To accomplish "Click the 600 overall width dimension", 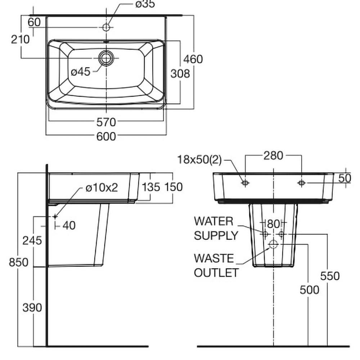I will tap(106, 136).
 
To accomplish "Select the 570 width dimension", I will tap(106, 122).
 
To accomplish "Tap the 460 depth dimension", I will tap(193, 59).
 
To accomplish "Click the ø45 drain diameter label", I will tap(80, 72).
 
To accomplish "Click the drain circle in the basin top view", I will tap(106, 58).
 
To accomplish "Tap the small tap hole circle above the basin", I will tap(106, 27).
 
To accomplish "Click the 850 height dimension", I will tap(18, 262).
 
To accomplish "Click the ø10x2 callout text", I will tap(102, 188).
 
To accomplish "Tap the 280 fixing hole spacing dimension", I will tap(273, 156).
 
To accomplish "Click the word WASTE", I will tap(213, 258).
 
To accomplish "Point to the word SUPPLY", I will tap(216, 235).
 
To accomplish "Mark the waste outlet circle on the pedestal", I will tap(273, 244).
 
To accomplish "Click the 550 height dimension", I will tap(329, 276).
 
